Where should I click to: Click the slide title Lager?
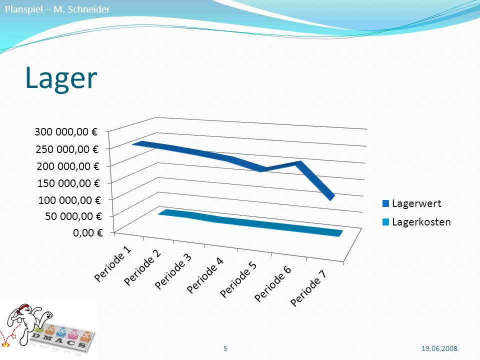pyautogui.click(x=61, y=78)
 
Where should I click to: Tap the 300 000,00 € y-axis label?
pyautogui.click(x=66, y=132)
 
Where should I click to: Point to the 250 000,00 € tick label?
pyautogui.click(x=67, y=149)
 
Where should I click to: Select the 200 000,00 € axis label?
pyautogui.click(x=68, y=166)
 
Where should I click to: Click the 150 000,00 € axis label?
pyautogui.click(x=68, y=183)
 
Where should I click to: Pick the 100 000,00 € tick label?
pyautogui.click(x=69, y=200)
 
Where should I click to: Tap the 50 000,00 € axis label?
pyautogui.click(x=73, y=216)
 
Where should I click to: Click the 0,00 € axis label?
pyautogui.click(x=88, y=232)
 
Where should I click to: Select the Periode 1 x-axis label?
pyautogui.click(x=112, y=263)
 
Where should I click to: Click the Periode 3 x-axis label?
pyautogui.click(x=173, y=271)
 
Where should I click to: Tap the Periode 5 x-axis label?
pyautogui.click(x=238, y=279)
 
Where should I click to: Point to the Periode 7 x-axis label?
pyautogui.click(x=308, y=288)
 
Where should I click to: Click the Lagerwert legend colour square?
pyautogui.click(x=385, y=203)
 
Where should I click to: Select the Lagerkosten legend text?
pyautogui.click(x=421, y=222)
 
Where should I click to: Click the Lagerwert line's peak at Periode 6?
pyautogui.click(x=299, y=163)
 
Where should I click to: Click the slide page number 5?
pyautogui.click(x=225, y=348)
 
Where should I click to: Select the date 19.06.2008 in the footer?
pyautogui.click(x=439, y=348)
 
